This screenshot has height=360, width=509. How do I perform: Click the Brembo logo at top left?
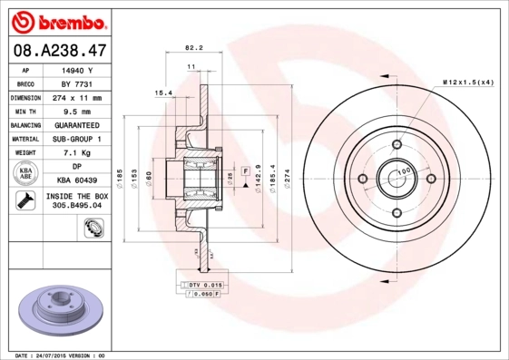[x=56, y=19]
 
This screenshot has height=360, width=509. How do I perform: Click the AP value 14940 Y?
[x=77, y=69]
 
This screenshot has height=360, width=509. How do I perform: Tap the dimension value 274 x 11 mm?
[x=76, y=97]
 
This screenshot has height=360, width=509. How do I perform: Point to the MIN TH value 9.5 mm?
[x=77, y=111]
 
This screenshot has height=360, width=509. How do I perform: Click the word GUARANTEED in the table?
[x=77, y=125]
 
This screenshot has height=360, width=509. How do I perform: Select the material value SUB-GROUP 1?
[x=77, y=139]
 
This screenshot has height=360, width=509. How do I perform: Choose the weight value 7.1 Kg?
[x=77, y=153]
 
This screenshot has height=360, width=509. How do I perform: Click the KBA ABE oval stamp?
[x=25, y=174]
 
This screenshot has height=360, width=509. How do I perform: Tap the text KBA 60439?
[x=77, y=180]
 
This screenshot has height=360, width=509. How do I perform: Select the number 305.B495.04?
[x=77, y=206]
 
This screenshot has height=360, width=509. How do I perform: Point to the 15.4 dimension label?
[x=163, y=92]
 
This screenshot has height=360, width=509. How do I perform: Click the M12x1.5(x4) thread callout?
[x=468, y=83]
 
